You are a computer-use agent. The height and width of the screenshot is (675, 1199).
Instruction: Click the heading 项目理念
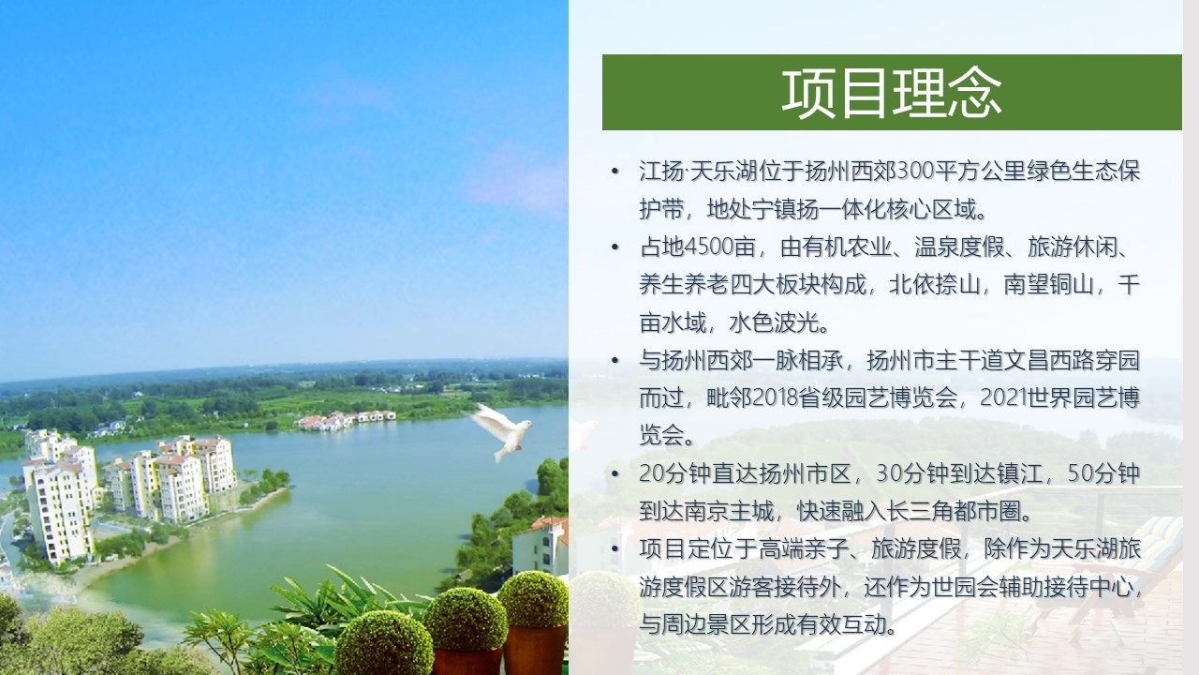click(x=891, y=93)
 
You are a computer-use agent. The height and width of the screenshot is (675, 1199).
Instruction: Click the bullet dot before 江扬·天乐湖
click(x=614, y=172)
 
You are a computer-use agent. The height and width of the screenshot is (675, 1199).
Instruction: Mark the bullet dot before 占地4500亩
click(x=614, y=247)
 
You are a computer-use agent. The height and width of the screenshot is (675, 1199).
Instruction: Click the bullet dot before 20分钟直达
click(x=614, y=473)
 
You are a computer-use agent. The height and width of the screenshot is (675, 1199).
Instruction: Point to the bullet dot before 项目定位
click(x=614, y=549)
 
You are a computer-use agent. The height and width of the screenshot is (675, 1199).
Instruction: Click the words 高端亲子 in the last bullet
click(x=804, y=549)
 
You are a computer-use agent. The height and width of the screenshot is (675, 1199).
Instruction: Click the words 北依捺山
click(x=935, y=284)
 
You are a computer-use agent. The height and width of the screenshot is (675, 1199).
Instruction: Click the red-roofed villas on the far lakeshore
click(x=346, y=420)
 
